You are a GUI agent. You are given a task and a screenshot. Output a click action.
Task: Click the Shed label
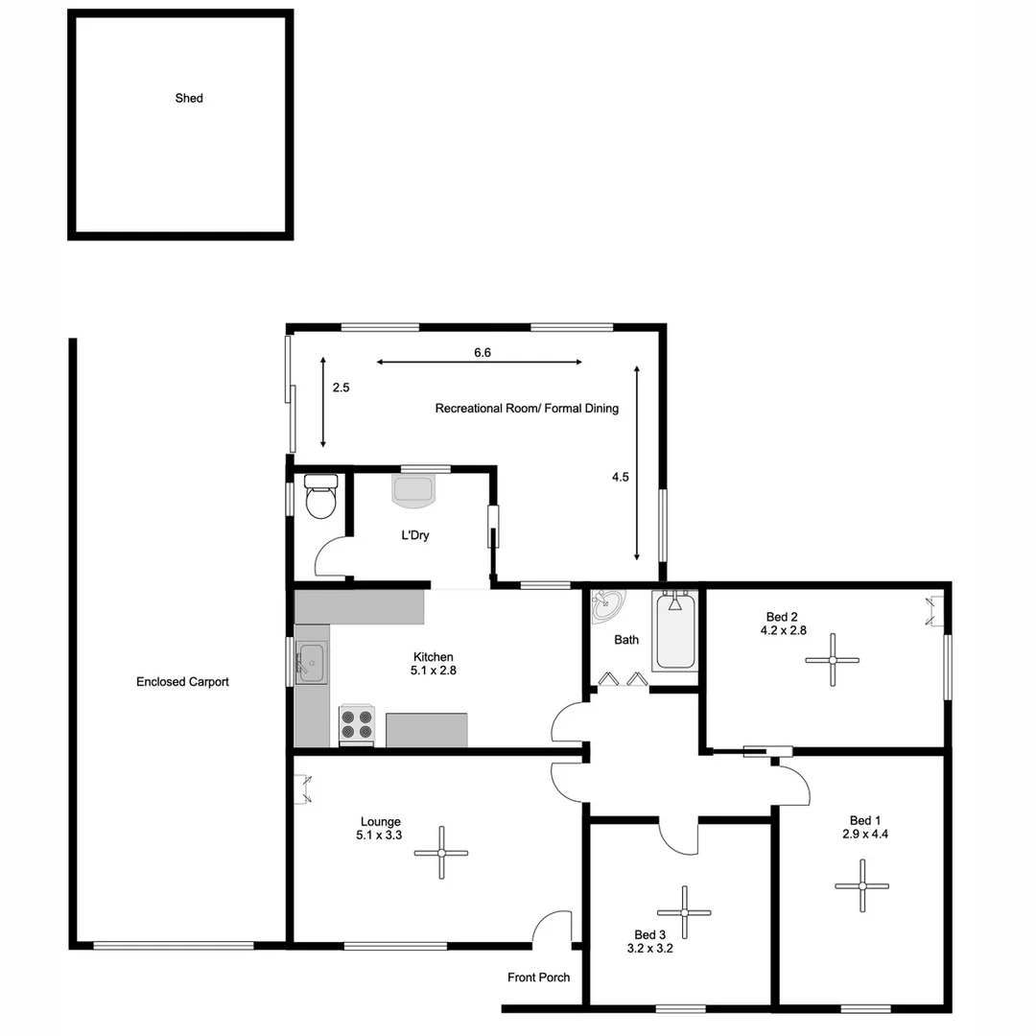coord(189,98)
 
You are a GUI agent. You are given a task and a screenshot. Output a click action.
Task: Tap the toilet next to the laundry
coord(319,497)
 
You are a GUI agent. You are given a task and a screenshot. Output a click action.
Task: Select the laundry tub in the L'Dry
coord(414,488)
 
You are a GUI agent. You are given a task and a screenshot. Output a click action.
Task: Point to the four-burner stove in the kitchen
coord(357,724)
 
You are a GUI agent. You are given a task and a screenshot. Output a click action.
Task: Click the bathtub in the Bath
coord(675,632)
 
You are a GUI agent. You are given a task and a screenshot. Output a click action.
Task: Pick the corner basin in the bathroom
coord(606,604)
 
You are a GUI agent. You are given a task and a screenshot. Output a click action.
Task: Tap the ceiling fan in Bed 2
coord(832,660)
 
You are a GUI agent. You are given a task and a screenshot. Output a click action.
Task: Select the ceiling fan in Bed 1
coord(861,885)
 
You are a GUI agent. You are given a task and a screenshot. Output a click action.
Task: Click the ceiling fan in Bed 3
coord(684,911)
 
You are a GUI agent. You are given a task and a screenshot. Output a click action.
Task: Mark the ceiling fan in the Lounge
coord(441,853)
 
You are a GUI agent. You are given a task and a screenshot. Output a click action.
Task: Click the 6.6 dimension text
coord(483,353)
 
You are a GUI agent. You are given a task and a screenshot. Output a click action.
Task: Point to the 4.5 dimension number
coord(620,477)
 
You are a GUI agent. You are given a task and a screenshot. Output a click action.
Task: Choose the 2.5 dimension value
coord(341,388)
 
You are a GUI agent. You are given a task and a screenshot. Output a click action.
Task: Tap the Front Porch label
coord(538,977)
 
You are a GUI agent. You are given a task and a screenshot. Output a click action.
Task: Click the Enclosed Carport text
coord(182,682)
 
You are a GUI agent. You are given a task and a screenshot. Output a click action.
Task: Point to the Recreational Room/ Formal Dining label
coord(527,408)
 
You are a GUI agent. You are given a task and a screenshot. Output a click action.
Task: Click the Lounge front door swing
coord(551,928)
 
